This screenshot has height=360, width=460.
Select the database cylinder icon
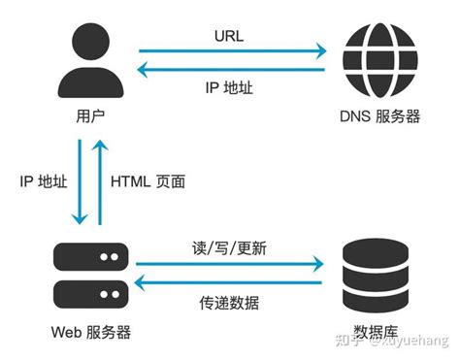pyautogui.click(x=373, y=273)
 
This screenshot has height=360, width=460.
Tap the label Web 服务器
pyautogui.click(x=90, y=333)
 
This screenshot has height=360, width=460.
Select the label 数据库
pyautogui.click(x=374, y=333)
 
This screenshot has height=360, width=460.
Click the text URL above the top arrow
pyautogui.click(x=229, y=36)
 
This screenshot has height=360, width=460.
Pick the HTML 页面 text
pyautogui.click(x=148, y=180)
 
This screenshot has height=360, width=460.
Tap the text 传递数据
pyautogui.click(x=229, y=303)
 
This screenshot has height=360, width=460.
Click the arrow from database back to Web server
pyautogui.click(x=229, y=281)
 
